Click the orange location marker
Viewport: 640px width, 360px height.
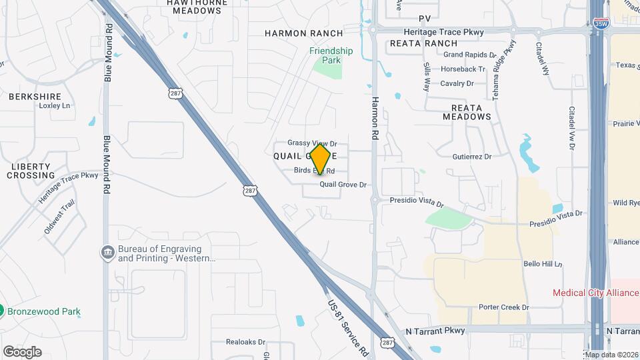point(321,159)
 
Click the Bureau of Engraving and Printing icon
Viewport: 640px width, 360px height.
point(107,253)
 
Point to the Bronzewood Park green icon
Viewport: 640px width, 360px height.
point(2,311)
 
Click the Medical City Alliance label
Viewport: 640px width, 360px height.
point(595,293)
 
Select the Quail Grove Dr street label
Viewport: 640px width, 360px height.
point(343,185)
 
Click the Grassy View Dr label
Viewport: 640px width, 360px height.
point(313,143)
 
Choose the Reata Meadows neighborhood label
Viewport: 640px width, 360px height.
point(467,111)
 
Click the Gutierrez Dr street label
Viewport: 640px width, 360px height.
point(471,157)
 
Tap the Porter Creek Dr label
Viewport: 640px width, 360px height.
point(503,307)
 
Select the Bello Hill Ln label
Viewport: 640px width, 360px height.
point(543,264)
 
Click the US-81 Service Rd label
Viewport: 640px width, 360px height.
point(348,325)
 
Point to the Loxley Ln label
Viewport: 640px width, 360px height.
point(55,106)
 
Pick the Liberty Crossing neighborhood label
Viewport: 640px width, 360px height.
point(31,171)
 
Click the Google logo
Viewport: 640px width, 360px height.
point(22,351)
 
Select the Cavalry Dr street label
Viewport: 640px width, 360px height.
point(457,83)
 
